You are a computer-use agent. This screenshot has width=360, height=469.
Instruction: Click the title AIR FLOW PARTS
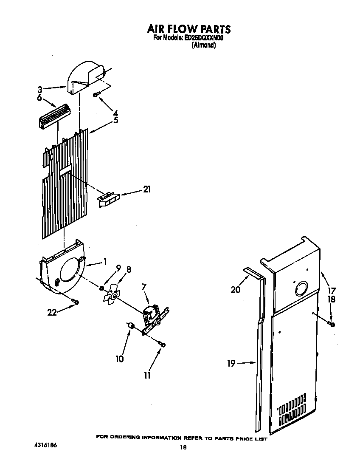pyautogui.click(x=188, y=29)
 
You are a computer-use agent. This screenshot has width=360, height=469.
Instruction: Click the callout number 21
pyautogui.click(x=146, y=189)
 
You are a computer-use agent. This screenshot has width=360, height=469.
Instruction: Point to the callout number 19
pyautogui.click(x=231, y=364)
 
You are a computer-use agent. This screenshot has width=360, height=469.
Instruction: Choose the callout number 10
pyautogui.click(x=120, y=359)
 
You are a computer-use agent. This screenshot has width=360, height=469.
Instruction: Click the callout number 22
pyautogui.click(x=52, y=312)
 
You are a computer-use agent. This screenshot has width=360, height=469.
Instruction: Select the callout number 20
pyautogui.click(x=236, y=290)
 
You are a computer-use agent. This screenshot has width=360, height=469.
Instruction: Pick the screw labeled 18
pyautogui.click(x=332, y=325)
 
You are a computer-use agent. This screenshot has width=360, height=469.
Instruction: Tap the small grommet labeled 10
pyautogui.click(x=131, y=326)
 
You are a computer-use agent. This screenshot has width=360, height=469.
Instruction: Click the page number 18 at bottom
pyautogui.click(x=183, y=447)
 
